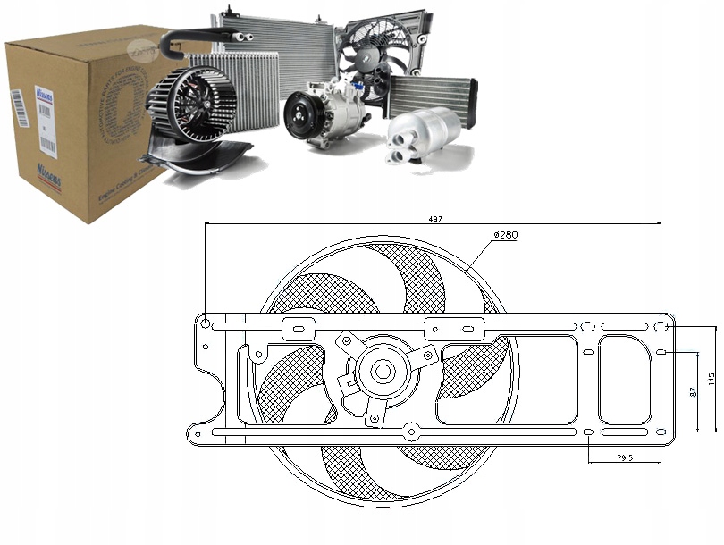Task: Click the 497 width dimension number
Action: point(435,219)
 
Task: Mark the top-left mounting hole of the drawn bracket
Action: point(206,323)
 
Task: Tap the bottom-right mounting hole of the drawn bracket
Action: point(661,433)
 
